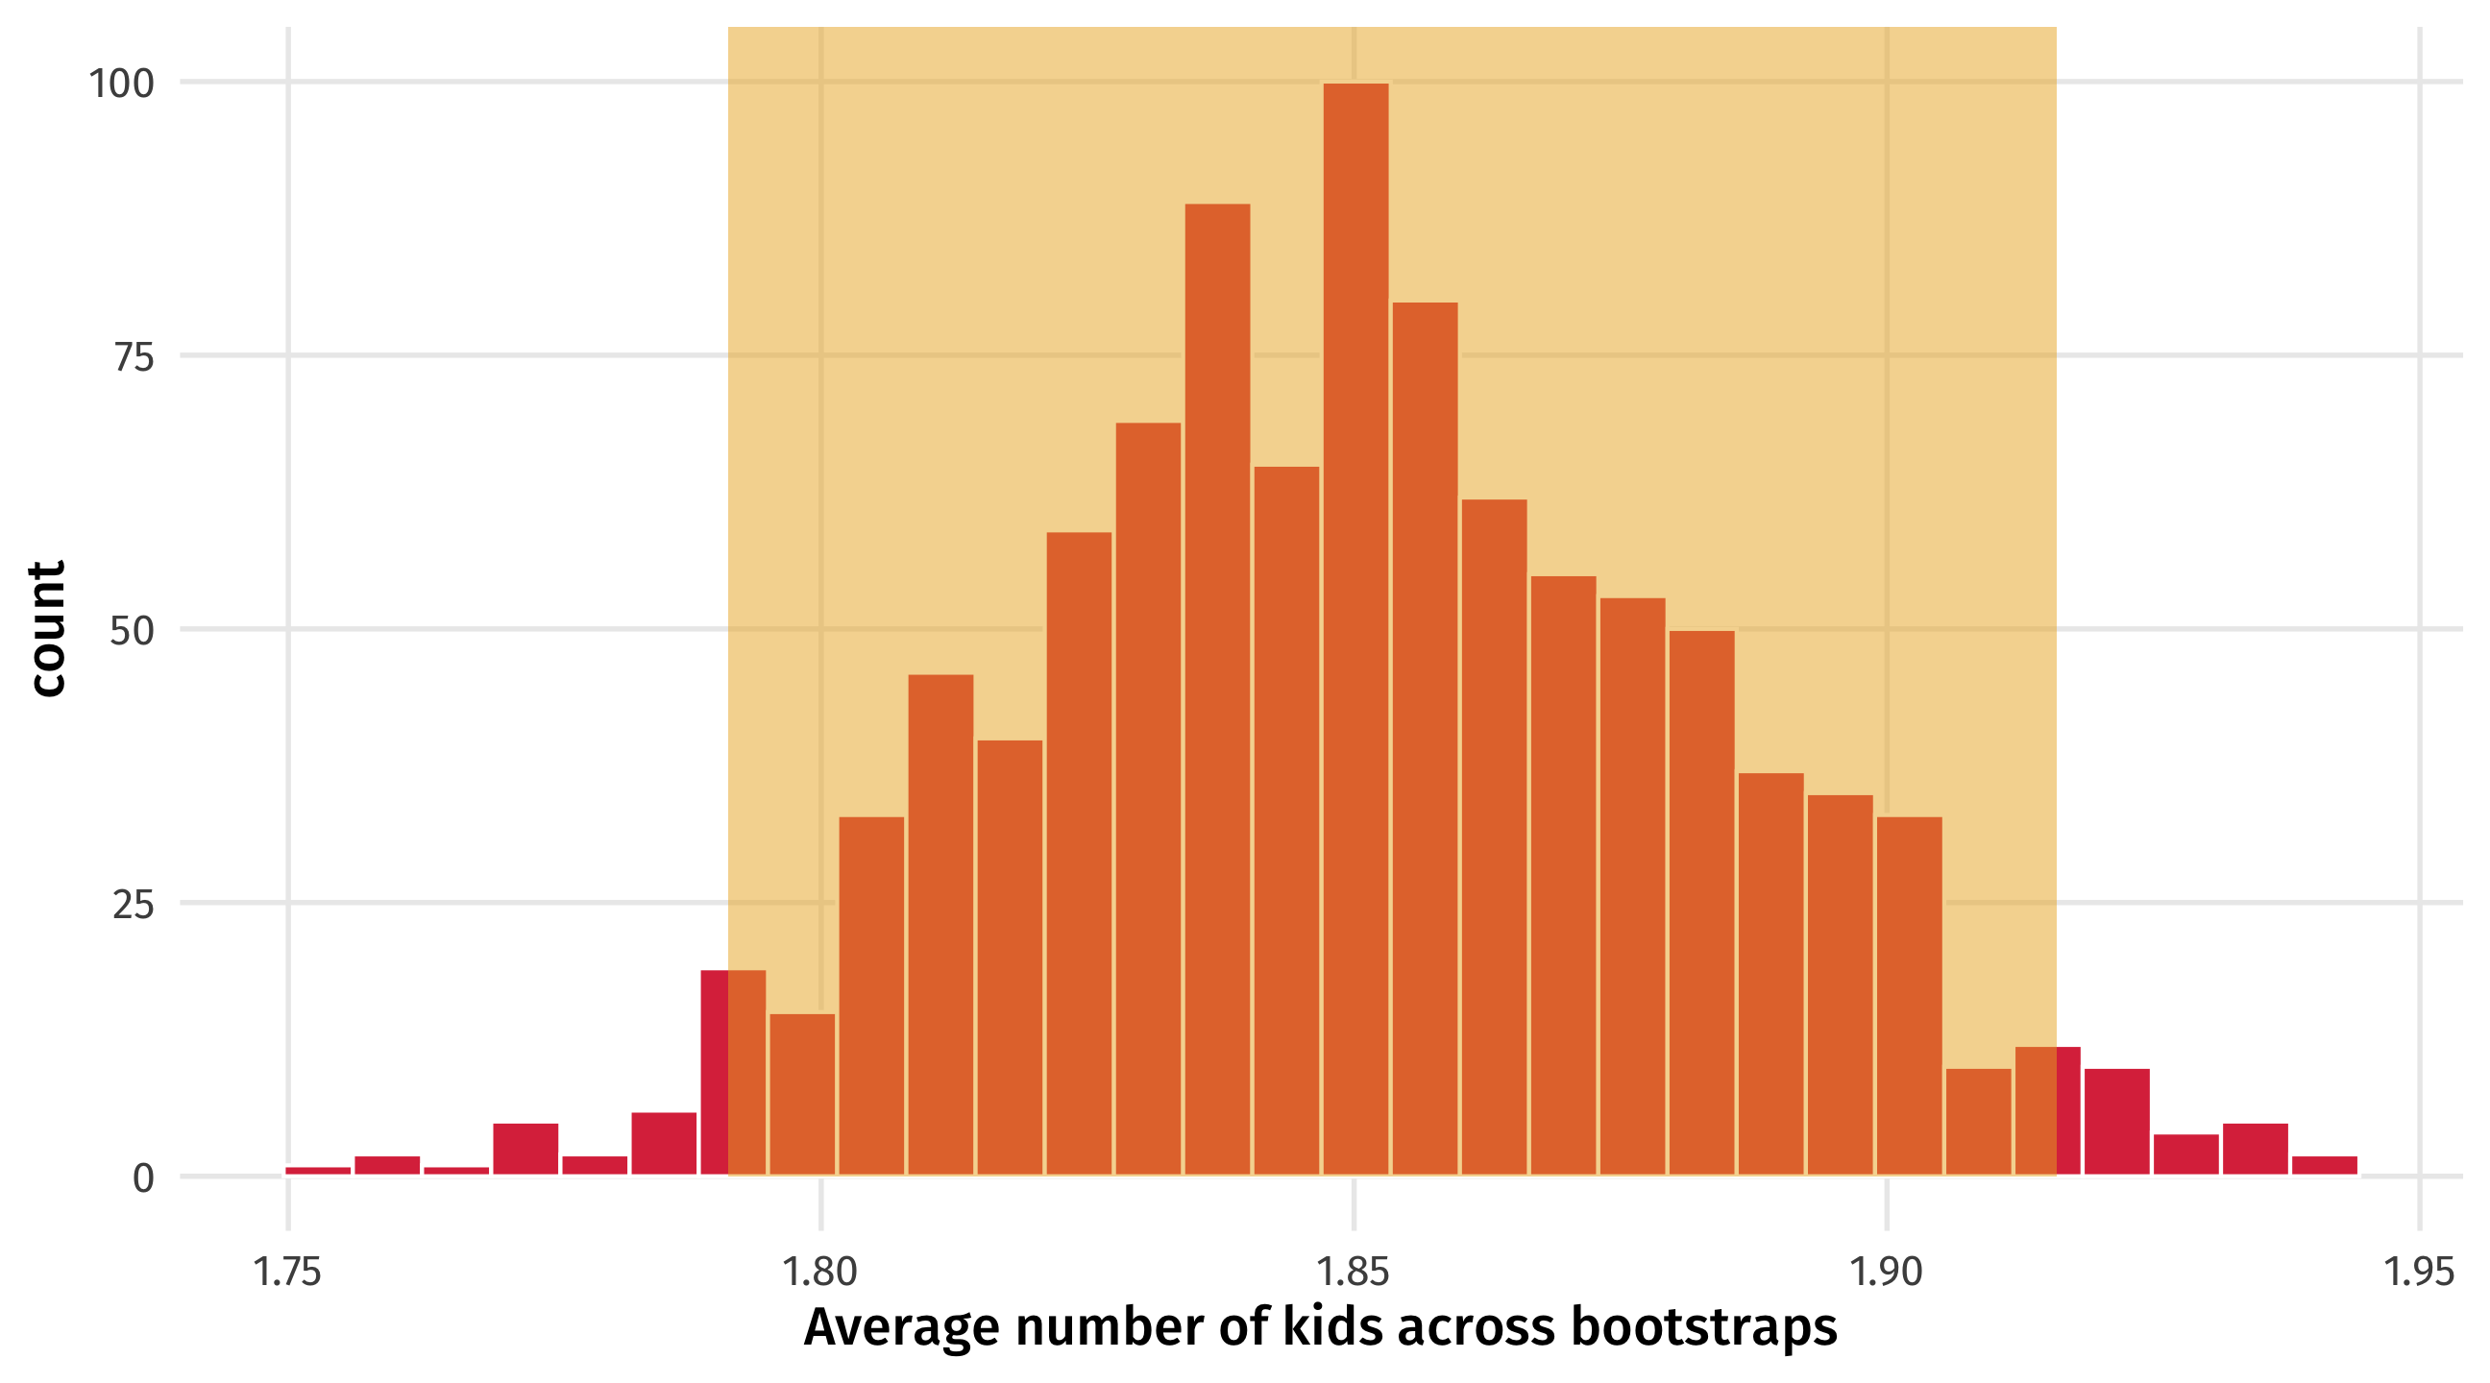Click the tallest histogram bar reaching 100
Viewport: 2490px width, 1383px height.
click(1355, 628)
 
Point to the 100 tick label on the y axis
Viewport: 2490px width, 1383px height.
click(122, 84)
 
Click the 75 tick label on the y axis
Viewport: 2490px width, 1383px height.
click(134, 357)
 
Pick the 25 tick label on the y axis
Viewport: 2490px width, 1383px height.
click(134, 906)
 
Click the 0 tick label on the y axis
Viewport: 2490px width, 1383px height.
click(143, 1179)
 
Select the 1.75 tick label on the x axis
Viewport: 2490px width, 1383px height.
click(286, 1272)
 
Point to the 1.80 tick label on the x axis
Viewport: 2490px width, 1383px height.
click(819, 1272)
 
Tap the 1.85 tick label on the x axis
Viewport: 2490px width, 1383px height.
click(1354, 1272)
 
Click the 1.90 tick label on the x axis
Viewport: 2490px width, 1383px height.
click(1886, 1272)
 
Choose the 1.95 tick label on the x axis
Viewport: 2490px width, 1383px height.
click(2420, 1272)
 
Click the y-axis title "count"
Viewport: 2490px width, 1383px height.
click(46, 628)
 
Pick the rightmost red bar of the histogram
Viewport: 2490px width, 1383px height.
click(2324, 1166)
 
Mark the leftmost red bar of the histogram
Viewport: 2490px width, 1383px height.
click(318, 1171)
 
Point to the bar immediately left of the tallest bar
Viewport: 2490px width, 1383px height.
click(1286, 821)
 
